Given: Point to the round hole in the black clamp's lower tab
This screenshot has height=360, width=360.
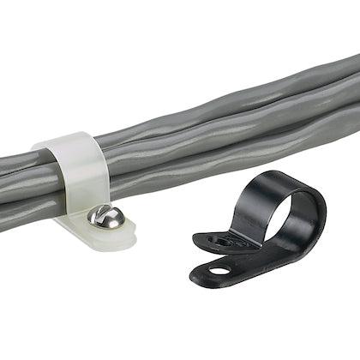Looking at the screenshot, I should (219, 271).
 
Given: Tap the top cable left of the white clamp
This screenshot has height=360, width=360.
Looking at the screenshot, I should (21, 159).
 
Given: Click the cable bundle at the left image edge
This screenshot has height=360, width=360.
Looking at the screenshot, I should (7, 180).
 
